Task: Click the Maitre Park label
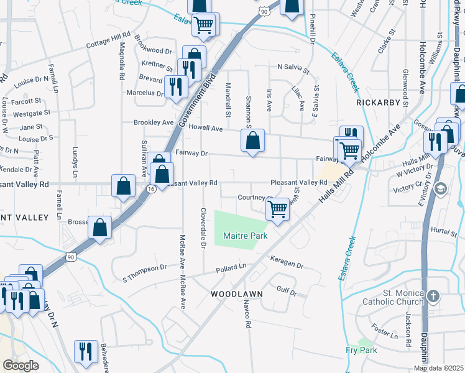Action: coord(245,236)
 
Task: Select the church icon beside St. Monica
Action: coord(434,297)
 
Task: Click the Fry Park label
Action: coord(361,350)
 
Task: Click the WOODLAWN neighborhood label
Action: coord(236,293)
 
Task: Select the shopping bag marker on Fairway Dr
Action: coord(252,140)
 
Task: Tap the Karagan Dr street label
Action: coord(286,261)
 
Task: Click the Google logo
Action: coord(21,366)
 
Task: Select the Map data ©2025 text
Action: coord(439,368)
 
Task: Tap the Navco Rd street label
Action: coord(246,313)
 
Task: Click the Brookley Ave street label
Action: coord(154,122)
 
